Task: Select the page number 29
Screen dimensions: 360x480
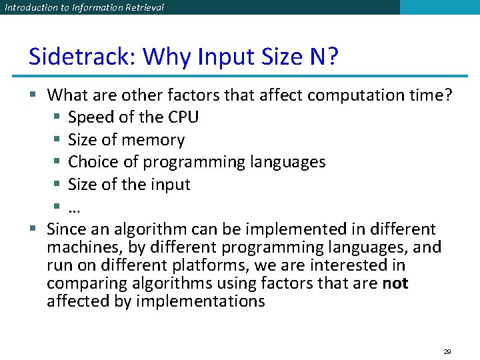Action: [447, 351]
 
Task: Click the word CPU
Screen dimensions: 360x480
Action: [183, 117]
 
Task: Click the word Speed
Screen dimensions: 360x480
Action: [91, 117]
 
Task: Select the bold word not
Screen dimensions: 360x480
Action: [395, 283]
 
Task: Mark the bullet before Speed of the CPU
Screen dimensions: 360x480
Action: [57, 118]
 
